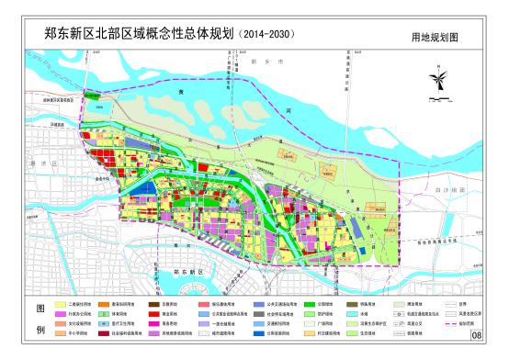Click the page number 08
pyautogui.click(x=476, y=335)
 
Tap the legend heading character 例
pyautogui.click(x=39, y=328)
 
